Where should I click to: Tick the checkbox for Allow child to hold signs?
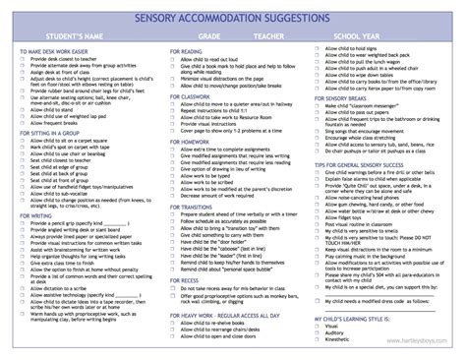pyautogui.click(x=317, y=48)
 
